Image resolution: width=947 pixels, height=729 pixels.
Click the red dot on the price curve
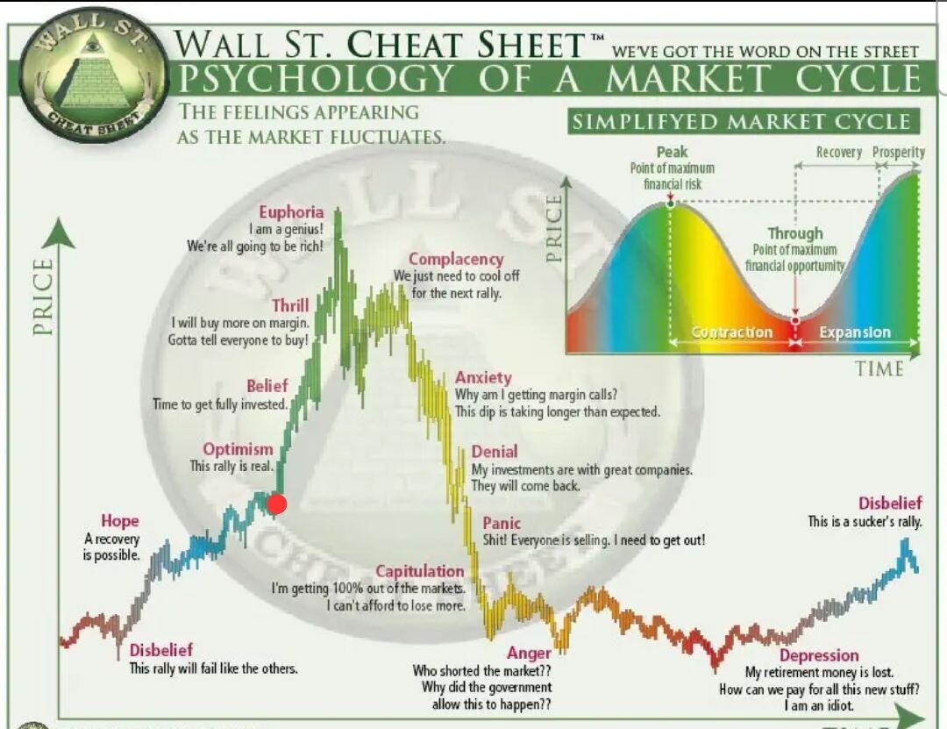click(276, 504)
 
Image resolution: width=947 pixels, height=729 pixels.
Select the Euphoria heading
click(291, 212)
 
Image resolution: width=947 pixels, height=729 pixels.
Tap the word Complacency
click(456, 260)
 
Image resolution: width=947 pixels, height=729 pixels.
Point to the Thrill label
click(290, 305)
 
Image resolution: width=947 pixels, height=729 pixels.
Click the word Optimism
click(238, 449)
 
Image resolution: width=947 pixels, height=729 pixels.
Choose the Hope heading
click(120, 520)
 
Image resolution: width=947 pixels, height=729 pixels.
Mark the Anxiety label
click(483, 378)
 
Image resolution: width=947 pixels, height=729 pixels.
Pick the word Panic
click(502, 523)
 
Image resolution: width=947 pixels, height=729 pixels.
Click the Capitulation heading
click(420, 571)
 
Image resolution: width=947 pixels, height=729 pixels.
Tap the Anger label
click(529, 654)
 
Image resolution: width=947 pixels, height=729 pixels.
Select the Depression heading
click(819, 655)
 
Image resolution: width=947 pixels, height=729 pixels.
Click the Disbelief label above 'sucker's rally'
click(890, 503)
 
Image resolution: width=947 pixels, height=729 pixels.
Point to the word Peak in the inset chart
click(672, 152)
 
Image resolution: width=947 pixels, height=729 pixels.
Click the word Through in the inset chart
click(794, 233)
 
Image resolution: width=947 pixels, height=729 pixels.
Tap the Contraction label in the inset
click(732, 332)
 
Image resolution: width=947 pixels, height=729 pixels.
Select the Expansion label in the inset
click(855, 332)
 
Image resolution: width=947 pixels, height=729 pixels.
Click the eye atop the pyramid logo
click(92, 44)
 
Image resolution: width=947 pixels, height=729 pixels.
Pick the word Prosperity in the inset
click(899, 152)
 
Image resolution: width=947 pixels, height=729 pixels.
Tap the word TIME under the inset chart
click(879, 368)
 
